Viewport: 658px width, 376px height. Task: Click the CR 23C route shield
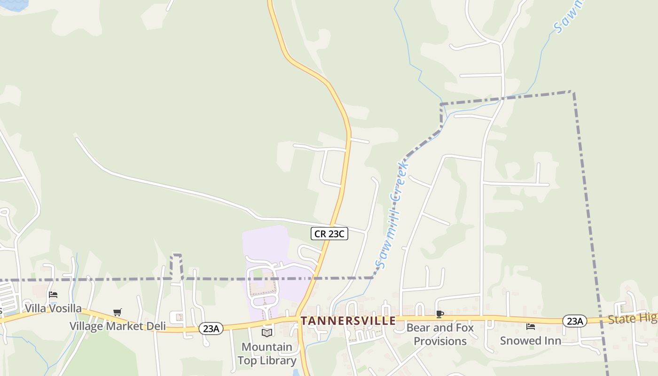[329, 234]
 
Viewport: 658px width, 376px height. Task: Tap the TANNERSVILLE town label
[348, 321]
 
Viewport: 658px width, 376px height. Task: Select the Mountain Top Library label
[267, 354]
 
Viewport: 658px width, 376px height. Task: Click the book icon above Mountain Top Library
[267, 333]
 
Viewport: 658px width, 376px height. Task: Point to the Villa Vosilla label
[53, 309]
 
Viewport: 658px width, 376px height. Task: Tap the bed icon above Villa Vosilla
[53, 295]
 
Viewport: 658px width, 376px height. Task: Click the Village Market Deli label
[117, 326]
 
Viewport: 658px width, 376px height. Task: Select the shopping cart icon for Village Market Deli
[117, 312]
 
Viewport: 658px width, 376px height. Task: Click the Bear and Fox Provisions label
[440, 334]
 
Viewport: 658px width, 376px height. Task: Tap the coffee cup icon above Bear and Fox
[440, 314]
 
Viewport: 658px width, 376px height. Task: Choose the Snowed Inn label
[530, 341]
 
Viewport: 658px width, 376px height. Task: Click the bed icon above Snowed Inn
[531, 327]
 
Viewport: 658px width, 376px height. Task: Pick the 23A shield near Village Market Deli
[211, 329]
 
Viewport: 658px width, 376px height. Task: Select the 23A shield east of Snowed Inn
[574, 321]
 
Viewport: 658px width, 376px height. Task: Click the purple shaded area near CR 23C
[266, 244]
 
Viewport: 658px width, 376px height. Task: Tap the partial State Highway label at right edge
[632, 319]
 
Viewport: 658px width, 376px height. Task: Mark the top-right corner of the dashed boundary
[572, 92]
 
